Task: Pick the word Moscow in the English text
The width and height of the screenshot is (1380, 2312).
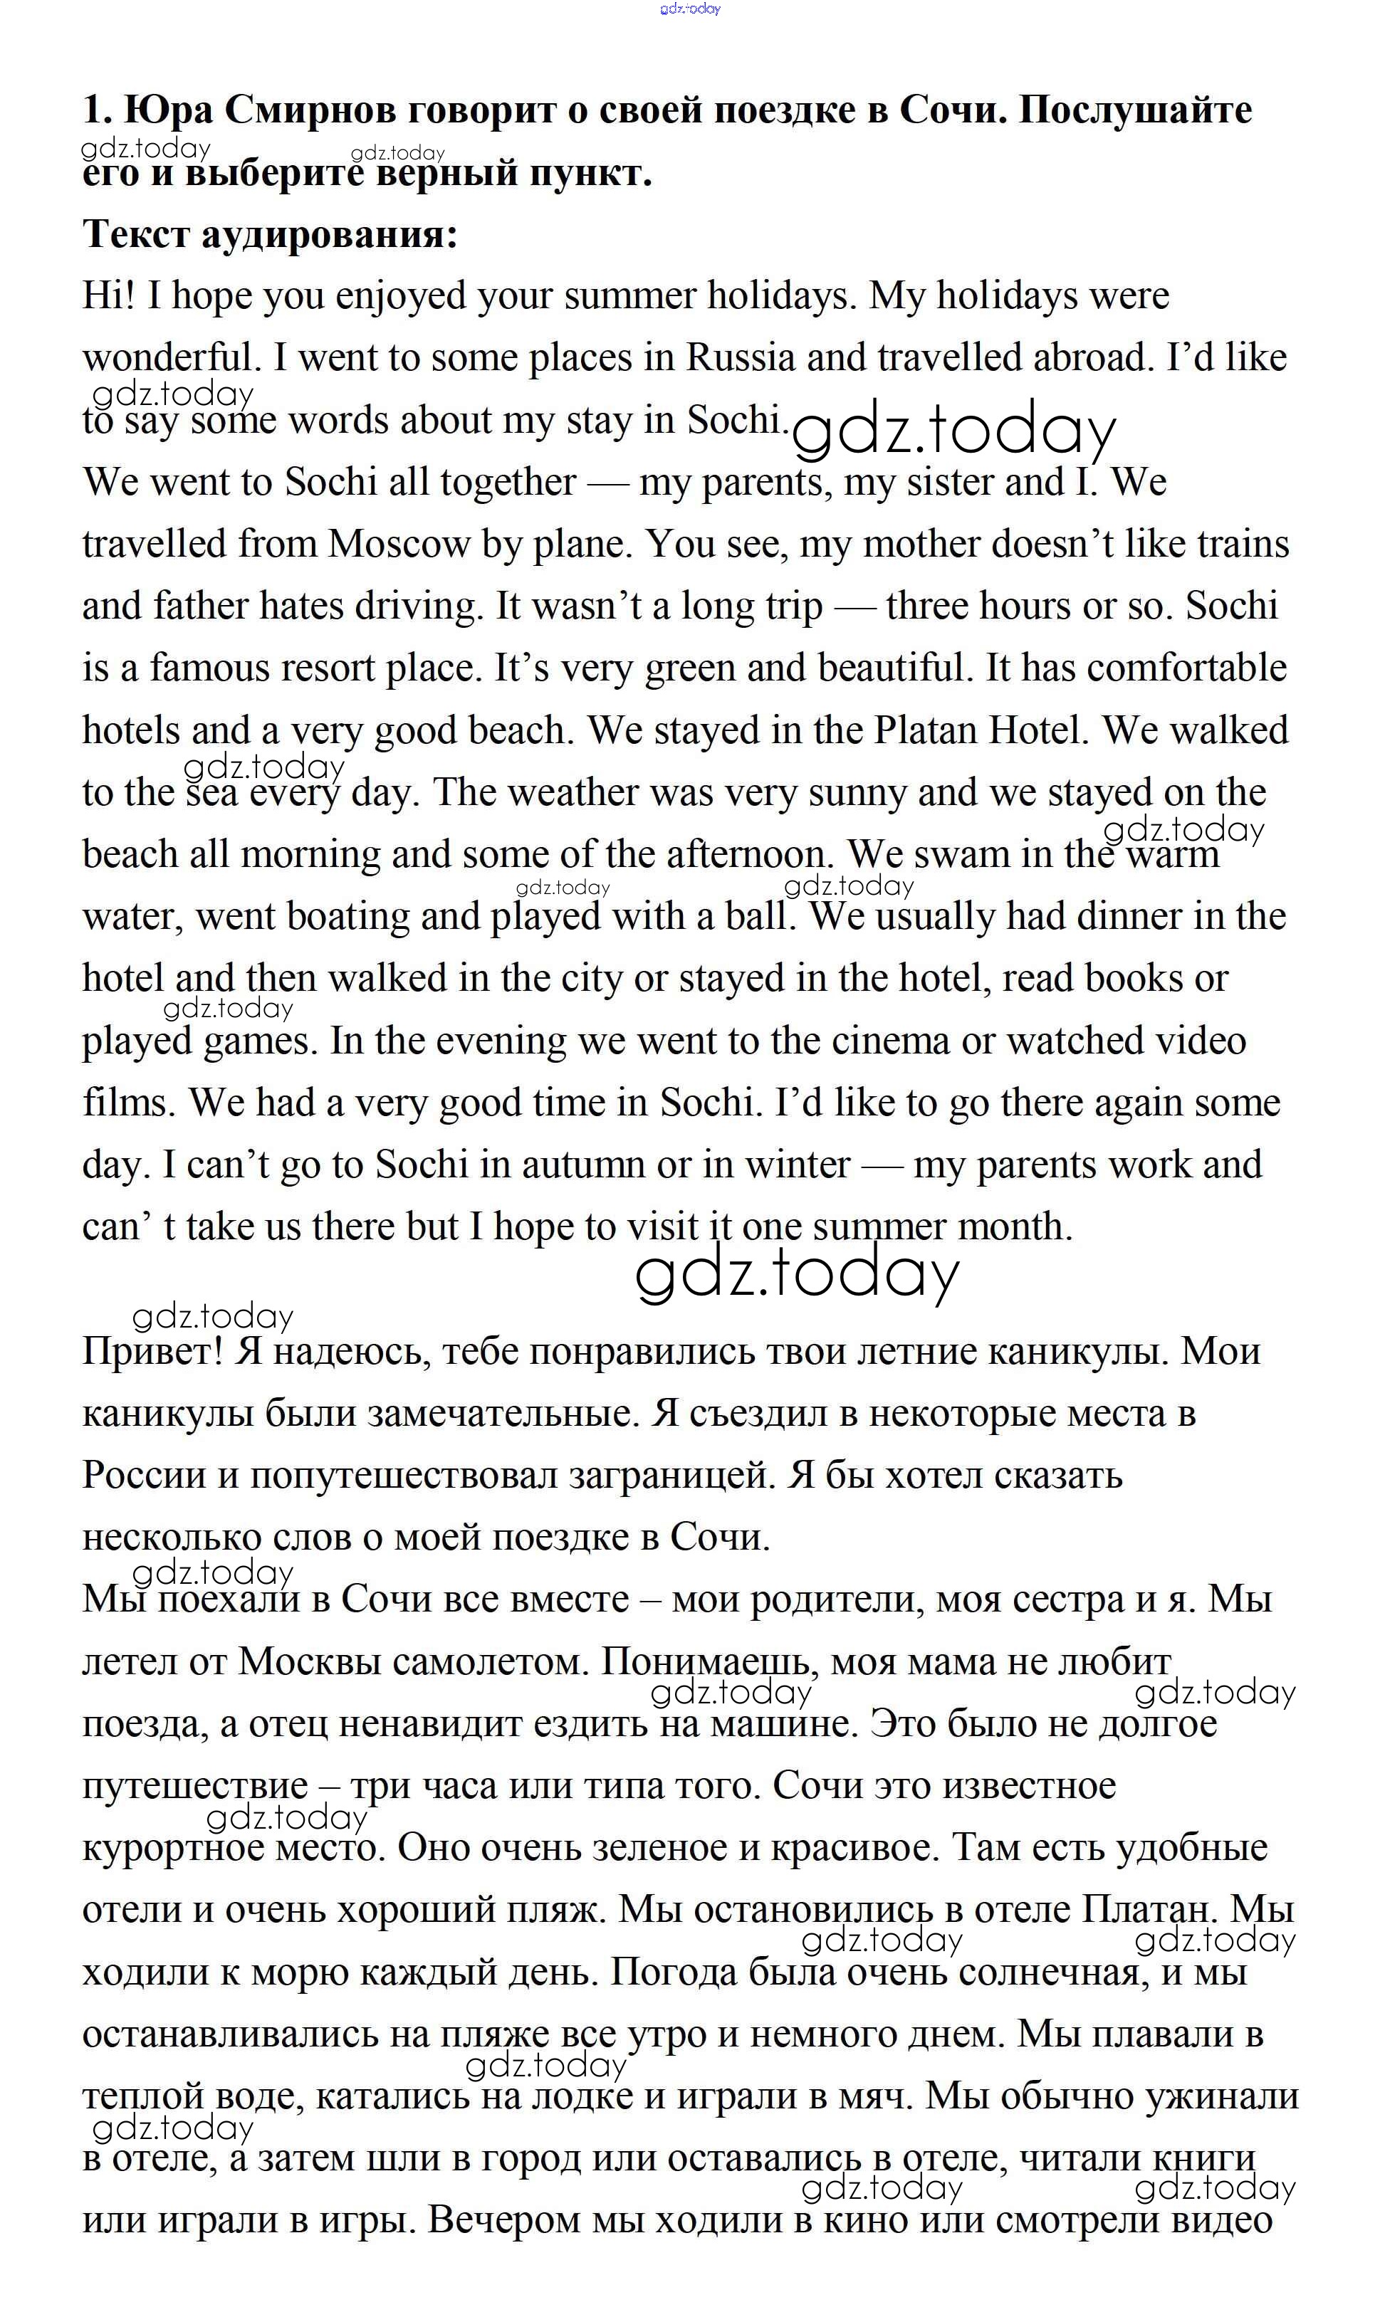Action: click(x=398, y=544)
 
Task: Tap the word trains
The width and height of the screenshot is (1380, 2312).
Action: click(x=1243, y=544)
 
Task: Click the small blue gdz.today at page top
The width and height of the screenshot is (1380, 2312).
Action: click(x=689, y=9)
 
